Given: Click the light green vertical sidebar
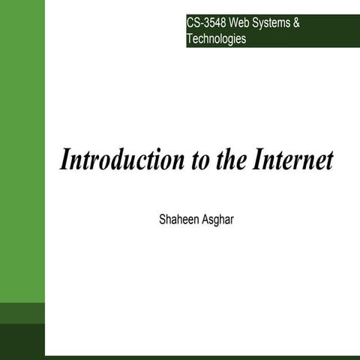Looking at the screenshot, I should (22, 150).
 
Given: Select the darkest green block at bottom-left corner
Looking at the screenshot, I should (22, 341).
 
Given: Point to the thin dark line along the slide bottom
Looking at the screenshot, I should (202, 357).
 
